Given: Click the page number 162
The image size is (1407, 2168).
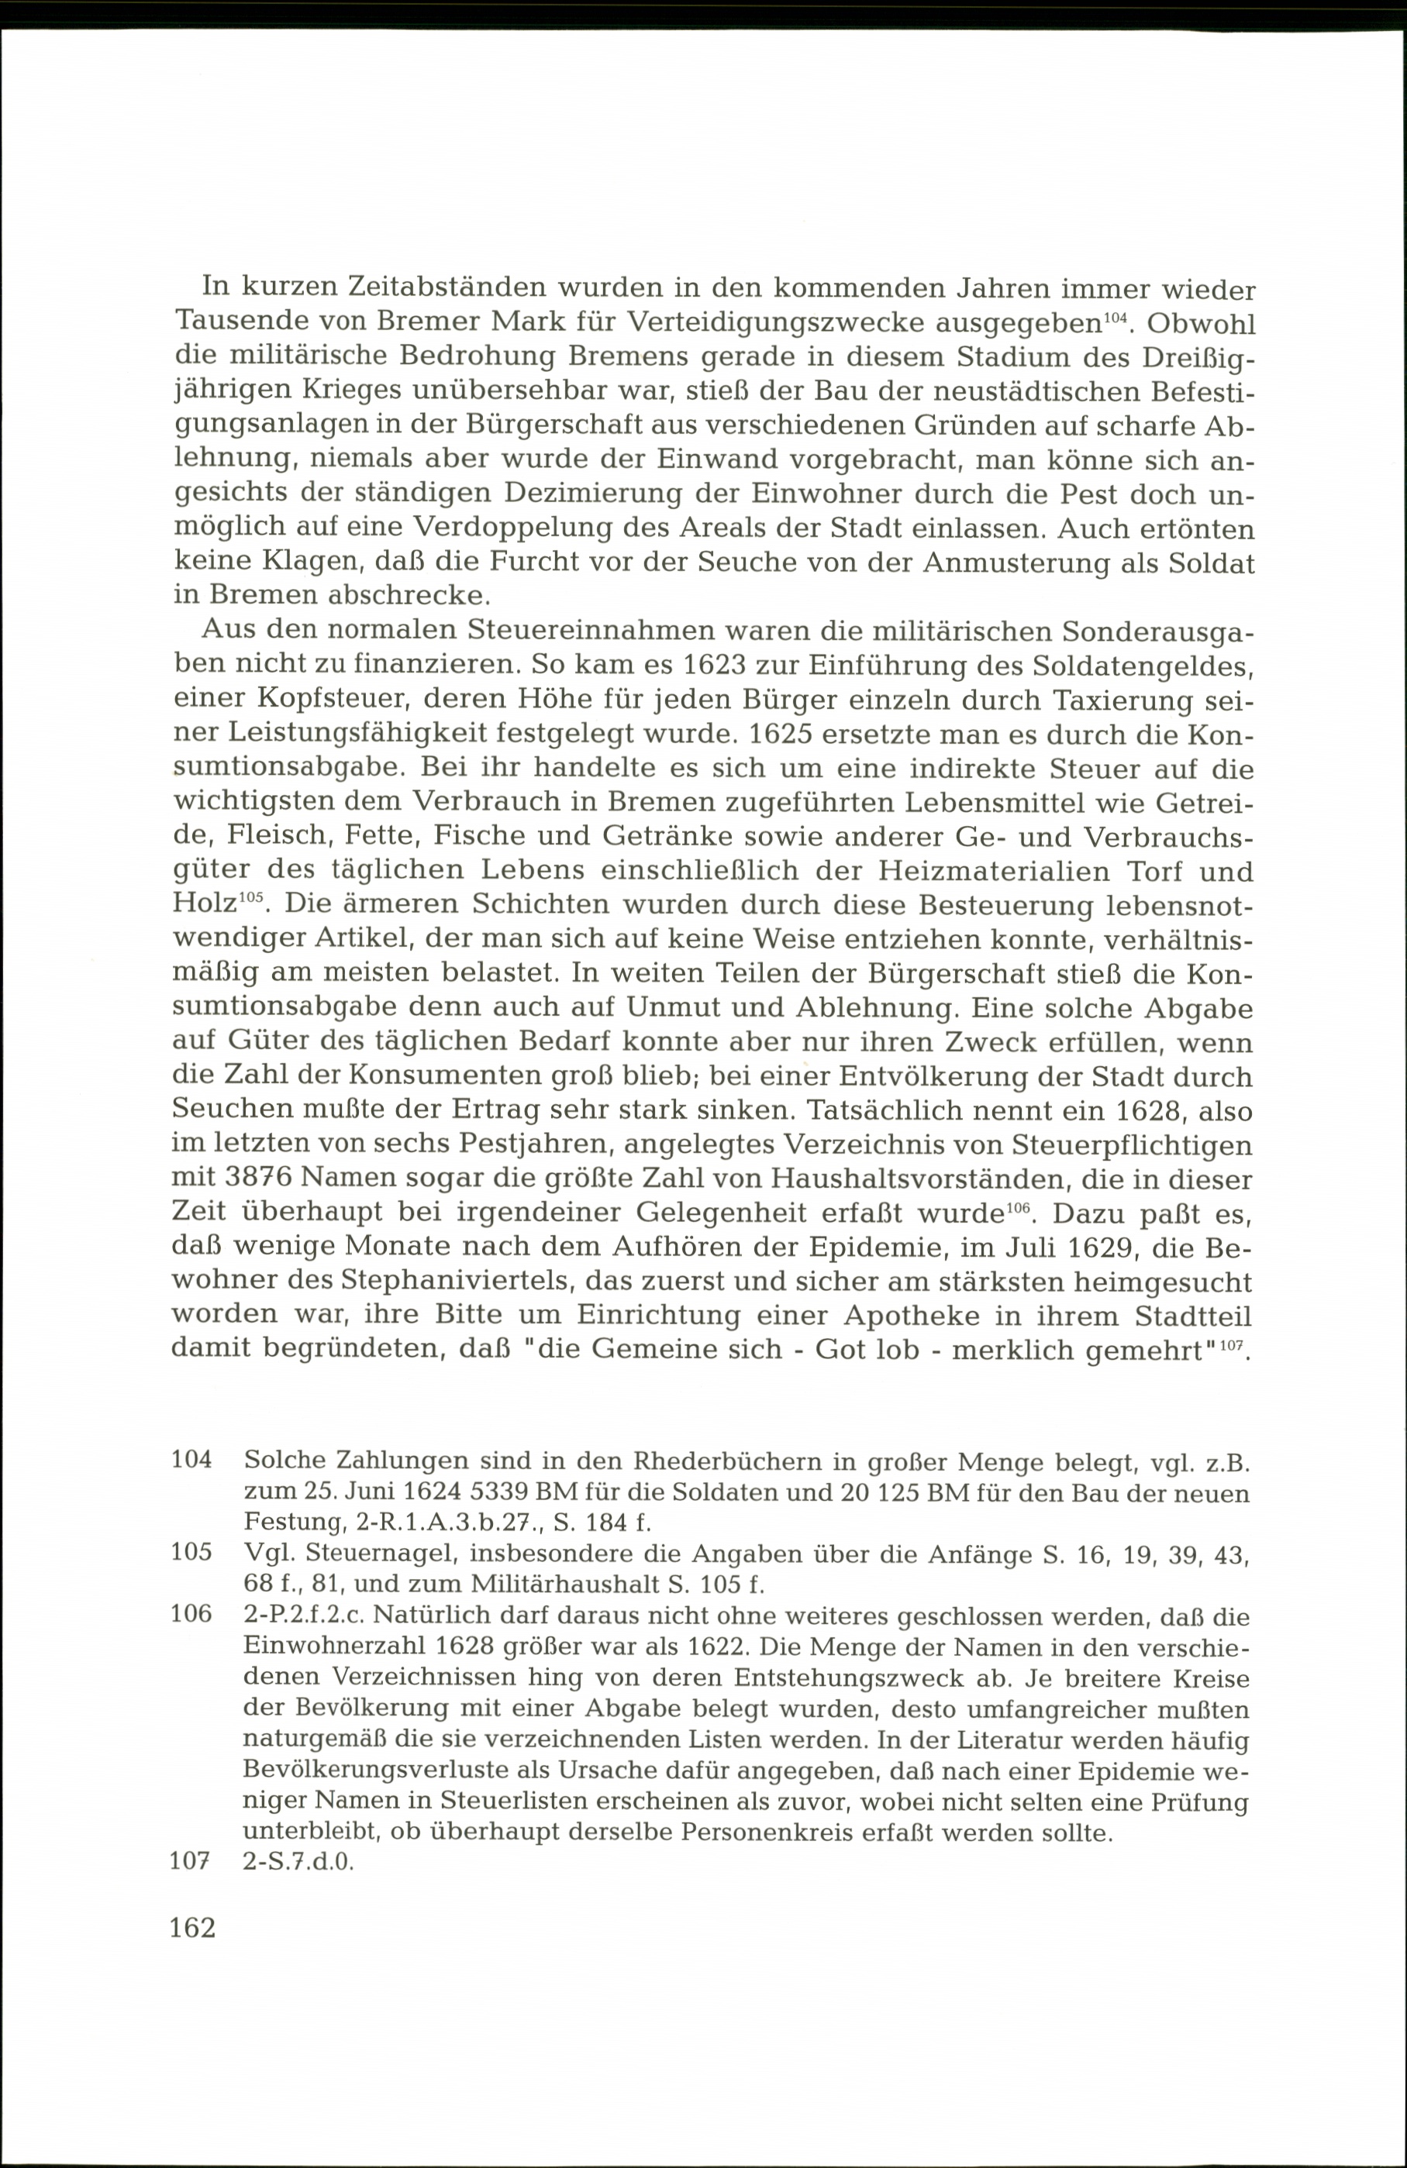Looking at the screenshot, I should pos(192,1928).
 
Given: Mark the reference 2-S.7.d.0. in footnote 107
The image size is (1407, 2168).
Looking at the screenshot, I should pos(298,1861).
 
